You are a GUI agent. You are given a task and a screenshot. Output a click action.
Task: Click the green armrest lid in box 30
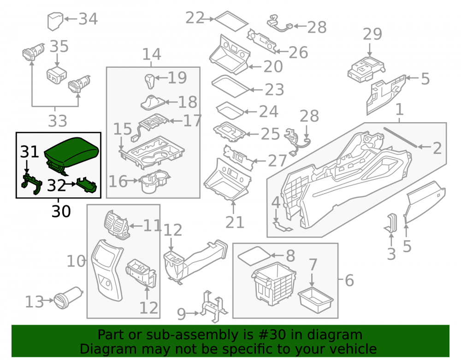click(72, 153)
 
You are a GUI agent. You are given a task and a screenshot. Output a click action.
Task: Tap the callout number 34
click(88, 19)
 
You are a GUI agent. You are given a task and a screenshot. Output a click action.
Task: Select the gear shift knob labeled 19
click(150, 81)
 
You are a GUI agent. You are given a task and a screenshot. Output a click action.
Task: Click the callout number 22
click(195, 18)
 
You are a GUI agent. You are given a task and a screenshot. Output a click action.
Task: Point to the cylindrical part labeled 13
click(68, 298)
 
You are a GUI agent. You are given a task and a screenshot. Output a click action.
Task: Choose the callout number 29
click(372, 34)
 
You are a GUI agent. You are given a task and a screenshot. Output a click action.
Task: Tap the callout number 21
click(235, 222)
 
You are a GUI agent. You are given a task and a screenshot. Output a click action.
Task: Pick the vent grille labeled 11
click(116, 224)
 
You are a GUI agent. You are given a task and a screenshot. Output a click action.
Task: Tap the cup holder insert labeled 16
click(154, 182)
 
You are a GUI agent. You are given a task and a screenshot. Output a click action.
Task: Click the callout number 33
click(58, 121)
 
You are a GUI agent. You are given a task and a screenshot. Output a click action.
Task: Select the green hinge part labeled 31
click(32, 183)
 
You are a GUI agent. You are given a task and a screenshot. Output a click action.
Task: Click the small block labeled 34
click(55, 21)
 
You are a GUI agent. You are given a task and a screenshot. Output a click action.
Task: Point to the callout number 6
click(349, 280)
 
